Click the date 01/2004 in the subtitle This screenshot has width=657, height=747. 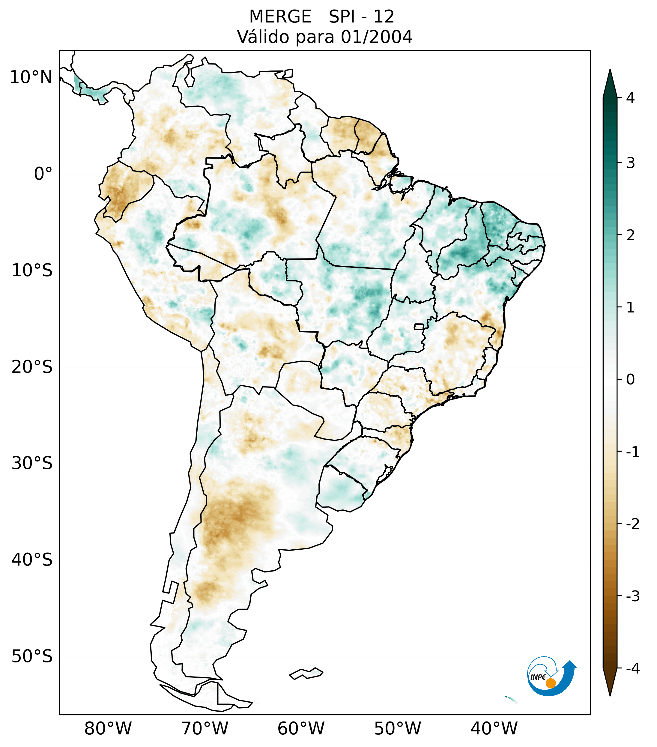(x=376, y=37)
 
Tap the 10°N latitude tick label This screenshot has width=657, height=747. (x=31, y=77)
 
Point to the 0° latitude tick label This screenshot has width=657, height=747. (x=43, y=174)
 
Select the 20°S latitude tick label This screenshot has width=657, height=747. (x=32, y=367)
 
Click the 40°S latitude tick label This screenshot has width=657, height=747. (x=32, y=560)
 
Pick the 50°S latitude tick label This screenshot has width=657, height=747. (x=32, y=657)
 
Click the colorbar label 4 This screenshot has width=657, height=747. (x=630, y=98)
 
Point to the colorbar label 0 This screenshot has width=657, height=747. (x=630, y=380)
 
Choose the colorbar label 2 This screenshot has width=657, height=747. (x=630, y=235)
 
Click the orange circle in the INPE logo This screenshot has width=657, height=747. (x=550, y=683)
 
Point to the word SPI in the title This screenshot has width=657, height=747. (x=342, y=17)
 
